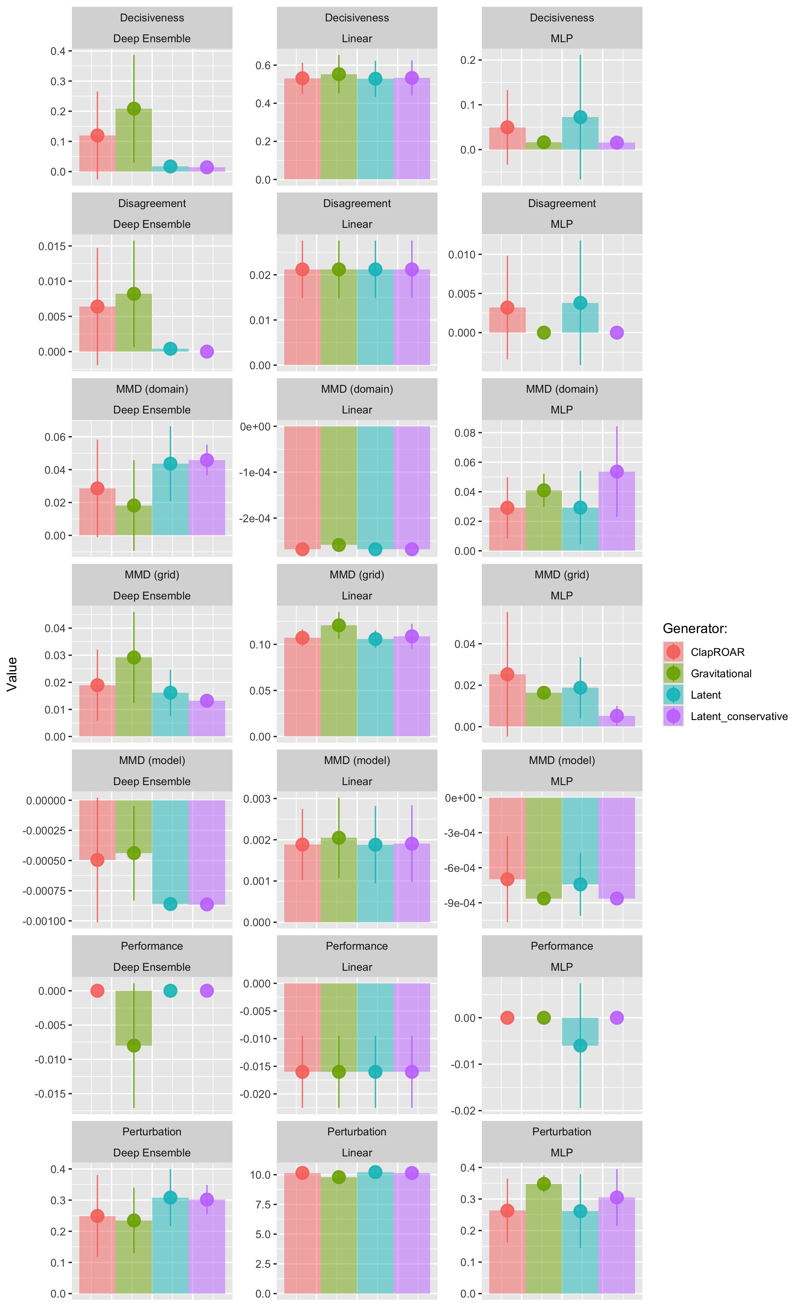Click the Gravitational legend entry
(x=721, y=674)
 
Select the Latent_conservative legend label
(x=739, y=716)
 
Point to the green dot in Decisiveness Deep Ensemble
(x=134, y=108)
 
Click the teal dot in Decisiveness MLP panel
(x=580, y=117)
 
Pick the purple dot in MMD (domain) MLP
(x=617, y=472)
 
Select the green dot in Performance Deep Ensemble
(x=134, y=1045)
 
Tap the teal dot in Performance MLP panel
(x=580, y=1045)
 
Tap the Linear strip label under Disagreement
(x=357, y=224)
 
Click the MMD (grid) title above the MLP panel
(x=562, y=575)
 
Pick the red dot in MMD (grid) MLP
(x=507, y=674)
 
